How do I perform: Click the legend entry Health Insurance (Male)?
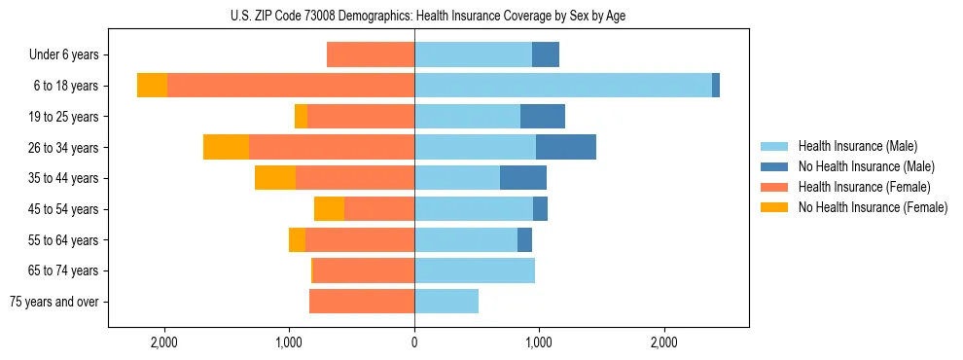[x=857, y=146]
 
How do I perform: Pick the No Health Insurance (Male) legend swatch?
[x=775, y=166]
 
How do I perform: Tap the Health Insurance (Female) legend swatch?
[x=775, y=187]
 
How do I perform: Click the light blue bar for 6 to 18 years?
[x=563, y=86]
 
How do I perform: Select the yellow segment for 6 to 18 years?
[x=152, y=86]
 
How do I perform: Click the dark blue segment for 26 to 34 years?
[x=565, y=147]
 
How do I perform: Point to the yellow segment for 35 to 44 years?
[x=275, y=178]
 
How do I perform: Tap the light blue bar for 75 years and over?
[x=446, y=302]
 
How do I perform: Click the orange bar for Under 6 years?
[x=371, y=55]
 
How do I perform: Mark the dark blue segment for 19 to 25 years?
[x=543, y=117]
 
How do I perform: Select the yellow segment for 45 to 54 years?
[x=329, y=209]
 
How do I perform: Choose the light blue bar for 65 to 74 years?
[x=475, y=270]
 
